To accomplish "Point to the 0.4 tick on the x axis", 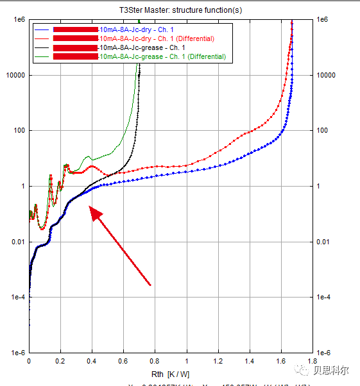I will pos(92,361).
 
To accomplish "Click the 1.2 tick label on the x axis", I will pos(219,361).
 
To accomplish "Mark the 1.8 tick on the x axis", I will pos(314,361).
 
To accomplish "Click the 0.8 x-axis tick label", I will pos(155,361).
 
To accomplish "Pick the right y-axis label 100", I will pos(323,131).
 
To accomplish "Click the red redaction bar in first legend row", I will pos(75,29).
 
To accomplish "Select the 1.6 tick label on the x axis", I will pos(282,361).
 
